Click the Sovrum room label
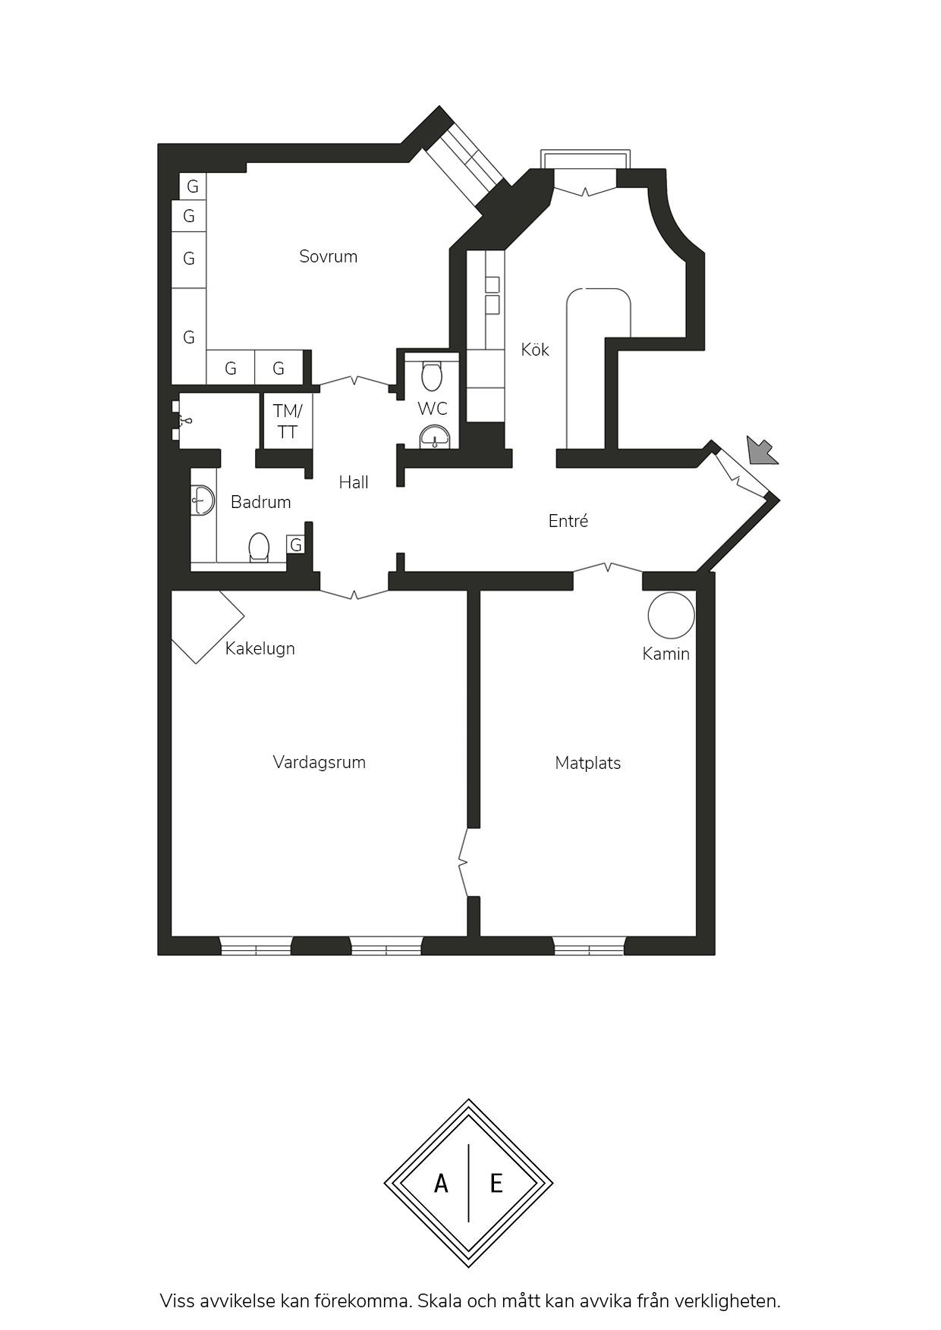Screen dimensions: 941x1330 pos(328,256)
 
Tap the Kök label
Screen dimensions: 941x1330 pos(535,350)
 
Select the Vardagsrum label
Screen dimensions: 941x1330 pos(319,763)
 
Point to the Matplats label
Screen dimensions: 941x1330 pos(588,763)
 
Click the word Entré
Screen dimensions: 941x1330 pos(568,521)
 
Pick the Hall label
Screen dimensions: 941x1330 pos(354,482)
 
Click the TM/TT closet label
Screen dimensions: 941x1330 pos(288,422)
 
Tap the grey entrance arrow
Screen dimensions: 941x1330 pos(761,450)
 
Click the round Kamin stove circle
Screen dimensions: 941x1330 pos(671,615)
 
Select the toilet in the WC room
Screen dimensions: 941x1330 pos(432,375)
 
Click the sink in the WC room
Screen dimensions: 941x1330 pos(435,438)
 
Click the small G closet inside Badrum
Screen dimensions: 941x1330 pos(296,545)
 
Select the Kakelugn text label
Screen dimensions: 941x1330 pos(260,648)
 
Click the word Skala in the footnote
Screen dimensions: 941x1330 pos(441,1300)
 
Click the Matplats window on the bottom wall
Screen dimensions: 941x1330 pos(590,946)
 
